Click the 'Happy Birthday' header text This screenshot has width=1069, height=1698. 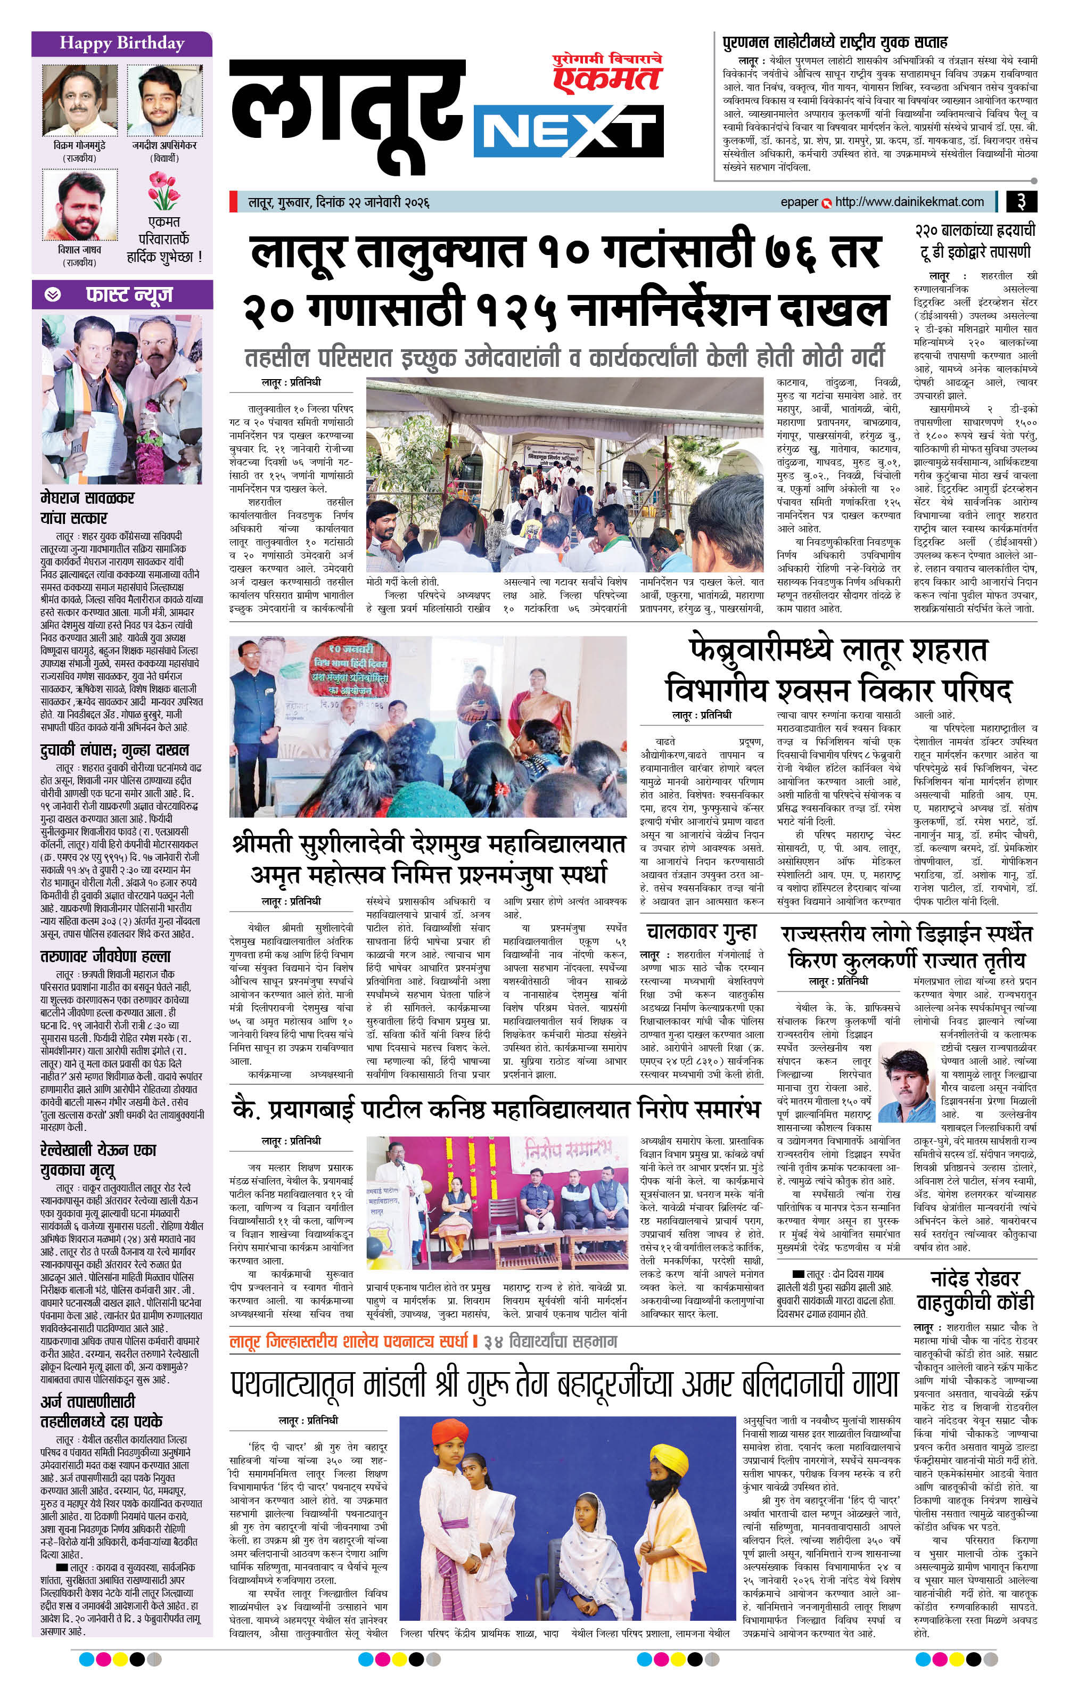pyautogui.click(x=121, y=44)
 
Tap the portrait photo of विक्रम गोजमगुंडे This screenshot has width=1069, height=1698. pyautogui.click(x=80, y=100)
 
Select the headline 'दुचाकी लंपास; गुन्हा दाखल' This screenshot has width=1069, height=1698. pyautogui.click(x=115, y=750)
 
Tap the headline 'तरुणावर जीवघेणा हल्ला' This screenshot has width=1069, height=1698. pyautogui.click(x=106, y=957)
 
